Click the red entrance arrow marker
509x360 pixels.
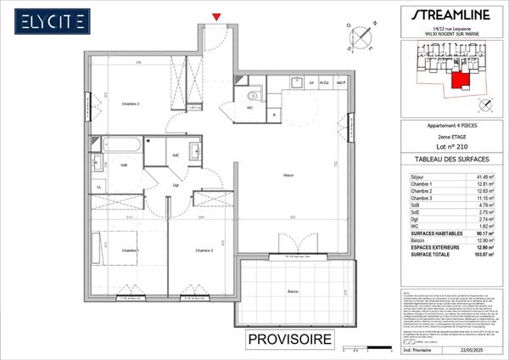pyautogui.click(x=218, y=16)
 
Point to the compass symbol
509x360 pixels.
pyautogui.click(x=363, y=36)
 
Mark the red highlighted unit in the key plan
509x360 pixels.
pyautogui.click(x=459, y=81)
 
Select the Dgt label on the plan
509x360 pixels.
pyautogui.click(x=176, y=185)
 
